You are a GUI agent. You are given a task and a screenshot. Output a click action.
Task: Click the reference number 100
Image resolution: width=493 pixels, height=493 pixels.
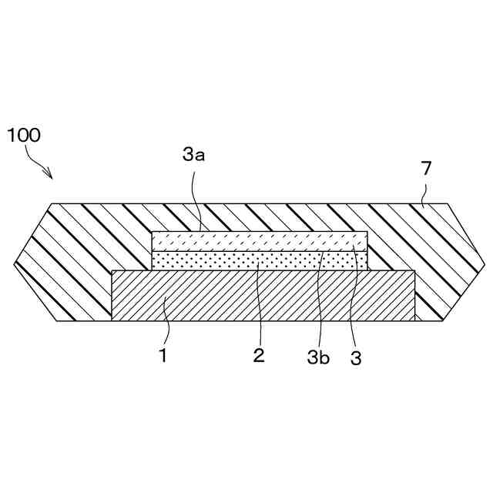click(x=24, y=136)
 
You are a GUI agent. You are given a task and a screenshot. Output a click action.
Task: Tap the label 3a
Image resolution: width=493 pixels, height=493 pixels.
click(x=193, y=156)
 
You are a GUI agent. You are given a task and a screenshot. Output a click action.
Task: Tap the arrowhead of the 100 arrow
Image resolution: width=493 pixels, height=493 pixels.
click(x=51, y=176)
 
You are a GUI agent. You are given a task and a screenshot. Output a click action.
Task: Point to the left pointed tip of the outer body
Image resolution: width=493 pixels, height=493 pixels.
click(x=15, y=263)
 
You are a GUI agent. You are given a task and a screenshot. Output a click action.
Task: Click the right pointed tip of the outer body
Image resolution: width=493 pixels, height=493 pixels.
click(x=487, y=263)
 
